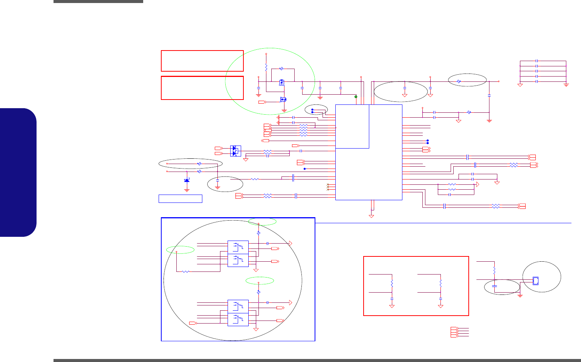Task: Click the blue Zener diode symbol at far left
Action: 187,181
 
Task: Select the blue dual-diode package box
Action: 235,151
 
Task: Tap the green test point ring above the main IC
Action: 356,97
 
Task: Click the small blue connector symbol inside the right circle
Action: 535,281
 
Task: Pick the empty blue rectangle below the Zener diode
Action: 180,199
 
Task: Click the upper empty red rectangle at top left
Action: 202,61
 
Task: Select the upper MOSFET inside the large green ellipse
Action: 282,82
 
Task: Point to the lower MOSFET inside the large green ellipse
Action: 283,100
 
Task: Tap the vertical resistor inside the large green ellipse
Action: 266,68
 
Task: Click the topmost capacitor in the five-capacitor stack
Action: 537,61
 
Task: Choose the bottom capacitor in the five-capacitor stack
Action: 537,81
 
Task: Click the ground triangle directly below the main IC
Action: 372,216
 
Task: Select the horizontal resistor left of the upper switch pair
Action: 186,271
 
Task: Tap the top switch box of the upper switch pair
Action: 238,247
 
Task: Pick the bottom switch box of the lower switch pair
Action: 238,320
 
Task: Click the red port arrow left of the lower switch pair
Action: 193,323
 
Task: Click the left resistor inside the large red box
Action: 392,283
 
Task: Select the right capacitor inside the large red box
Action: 440,299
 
